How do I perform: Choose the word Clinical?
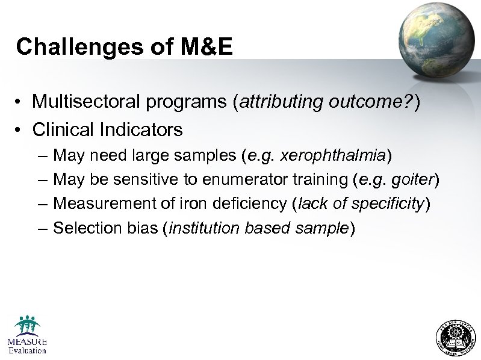pos(63,129)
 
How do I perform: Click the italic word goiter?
pos(414,180)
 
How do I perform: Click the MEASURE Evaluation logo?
pos(26,334)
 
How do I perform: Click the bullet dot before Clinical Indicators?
pos(20,130)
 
